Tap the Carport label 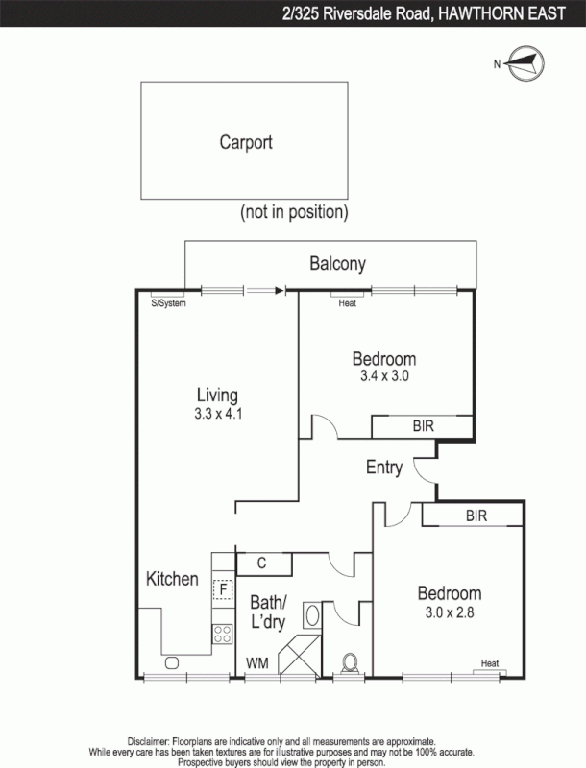(x=246, y=142)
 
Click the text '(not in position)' (x=294, y=211)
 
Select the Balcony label (x=337, y=264)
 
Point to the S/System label (x=168, y=303)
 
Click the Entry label (x=384, y=468)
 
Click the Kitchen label (x=172, y=579)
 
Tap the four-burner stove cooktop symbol (x=223, y=633)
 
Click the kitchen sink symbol (x=172, y=662)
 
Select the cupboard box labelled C (x=261, y=564)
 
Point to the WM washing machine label (x=256, y=662)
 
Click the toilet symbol (x=352, y=662)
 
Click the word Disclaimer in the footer (x=148, y=742)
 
